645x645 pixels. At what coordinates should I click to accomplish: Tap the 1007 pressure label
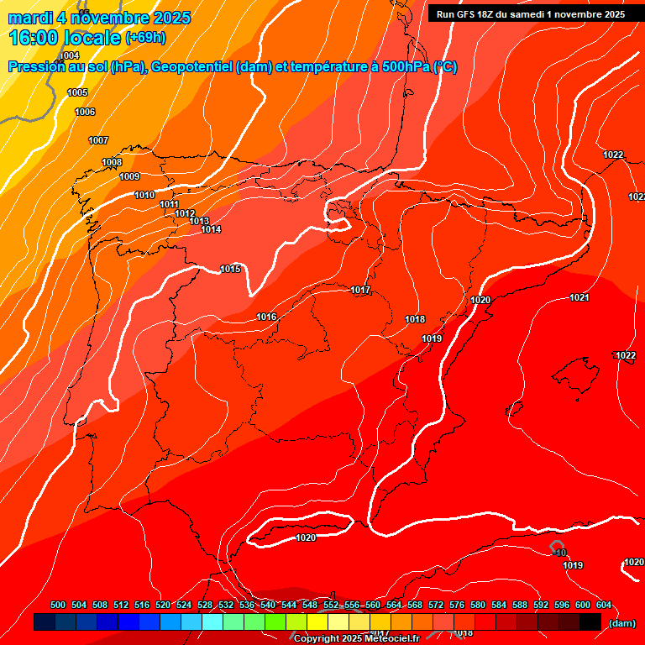98,140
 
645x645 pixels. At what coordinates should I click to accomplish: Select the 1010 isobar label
144,195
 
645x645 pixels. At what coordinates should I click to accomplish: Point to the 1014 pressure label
211,229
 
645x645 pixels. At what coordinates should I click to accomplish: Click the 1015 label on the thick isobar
230,269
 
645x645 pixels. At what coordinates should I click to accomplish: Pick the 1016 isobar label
266,317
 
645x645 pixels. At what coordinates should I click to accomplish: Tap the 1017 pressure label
361,290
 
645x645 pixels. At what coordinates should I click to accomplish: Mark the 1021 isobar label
579,298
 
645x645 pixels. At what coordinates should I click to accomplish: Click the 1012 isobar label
185,213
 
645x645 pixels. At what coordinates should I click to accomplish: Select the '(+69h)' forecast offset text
145,38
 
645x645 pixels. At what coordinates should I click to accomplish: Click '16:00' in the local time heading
34,37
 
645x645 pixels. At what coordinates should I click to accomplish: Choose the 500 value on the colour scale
58,605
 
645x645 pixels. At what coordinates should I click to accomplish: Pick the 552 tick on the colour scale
331,605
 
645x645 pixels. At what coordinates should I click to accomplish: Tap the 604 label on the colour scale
604,605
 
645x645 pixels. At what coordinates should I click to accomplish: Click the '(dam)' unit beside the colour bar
621,623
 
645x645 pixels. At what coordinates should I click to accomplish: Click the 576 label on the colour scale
457,605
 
